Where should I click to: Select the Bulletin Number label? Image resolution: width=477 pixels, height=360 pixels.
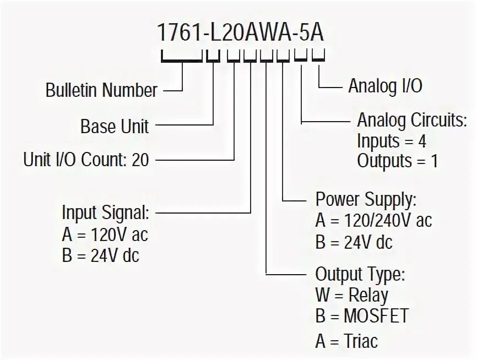(102, 90)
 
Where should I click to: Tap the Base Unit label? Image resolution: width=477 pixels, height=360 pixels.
(115, 126)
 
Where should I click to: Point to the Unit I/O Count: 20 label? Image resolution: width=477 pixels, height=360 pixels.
(86, 160)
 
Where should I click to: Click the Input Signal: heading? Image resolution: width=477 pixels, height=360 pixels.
(105, 212)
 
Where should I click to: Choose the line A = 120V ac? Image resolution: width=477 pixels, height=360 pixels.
(105, 235)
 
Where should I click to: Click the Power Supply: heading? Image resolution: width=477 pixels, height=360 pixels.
(366, 199)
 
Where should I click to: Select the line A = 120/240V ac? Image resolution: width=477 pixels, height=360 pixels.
(373, 221)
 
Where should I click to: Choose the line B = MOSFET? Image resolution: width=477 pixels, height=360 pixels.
(362, 317)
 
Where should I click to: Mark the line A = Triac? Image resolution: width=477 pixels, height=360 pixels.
(346, 341)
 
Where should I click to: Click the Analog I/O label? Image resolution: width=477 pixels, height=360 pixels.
(385, 86)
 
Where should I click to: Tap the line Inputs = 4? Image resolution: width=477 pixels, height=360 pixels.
(391, 141)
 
